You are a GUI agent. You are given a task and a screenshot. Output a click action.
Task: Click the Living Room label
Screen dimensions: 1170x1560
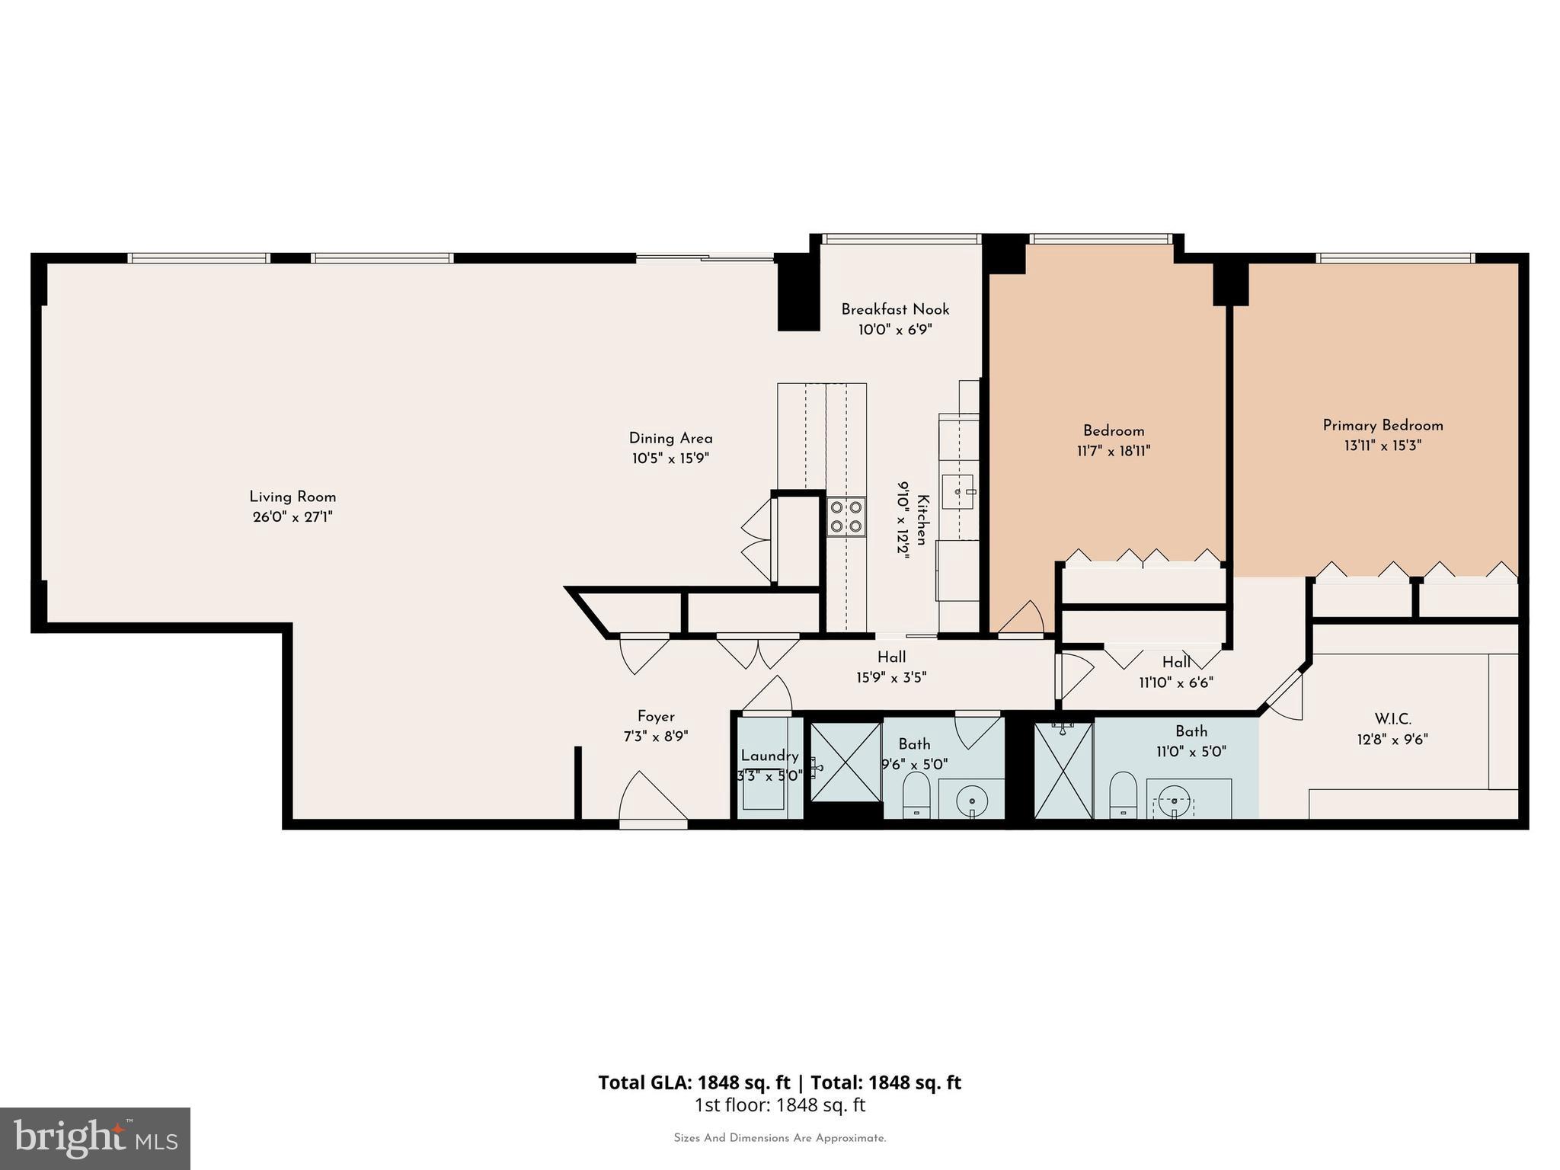coord(292,497)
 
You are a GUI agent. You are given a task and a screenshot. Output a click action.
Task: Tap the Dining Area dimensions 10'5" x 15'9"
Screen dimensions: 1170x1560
coord(670,459)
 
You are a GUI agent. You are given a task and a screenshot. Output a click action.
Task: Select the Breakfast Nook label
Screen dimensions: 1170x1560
coord(895,309)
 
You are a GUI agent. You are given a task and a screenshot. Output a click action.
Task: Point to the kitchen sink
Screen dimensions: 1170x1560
coord(957,492)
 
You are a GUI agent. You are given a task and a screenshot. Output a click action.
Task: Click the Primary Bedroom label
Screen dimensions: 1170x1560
coord(1383,425)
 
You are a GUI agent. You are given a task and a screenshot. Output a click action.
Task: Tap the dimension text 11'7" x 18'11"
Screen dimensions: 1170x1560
coord(1114,451)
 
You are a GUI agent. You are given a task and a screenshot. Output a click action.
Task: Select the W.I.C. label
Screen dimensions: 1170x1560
coord(1392,718)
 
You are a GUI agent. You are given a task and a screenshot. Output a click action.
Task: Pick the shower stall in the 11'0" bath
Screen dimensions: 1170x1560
coord(1063,771)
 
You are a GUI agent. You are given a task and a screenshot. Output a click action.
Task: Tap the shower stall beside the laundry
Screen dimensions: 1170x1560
coord(845,762)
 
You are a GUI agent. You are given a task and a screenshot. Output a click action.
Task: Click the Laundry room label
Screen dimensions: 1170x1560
coord(769,756)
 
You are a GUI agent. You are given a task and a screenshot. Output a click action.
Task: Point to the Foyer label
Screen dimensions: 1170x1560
coord(656,716)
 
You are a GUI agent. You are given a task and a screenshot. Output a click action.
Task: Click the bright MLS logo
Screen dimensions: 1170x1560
coord(95,1138)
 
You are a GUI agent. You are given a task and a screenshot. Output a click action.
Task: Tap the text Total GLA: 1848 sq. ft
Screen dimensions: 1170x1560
coord(694,1082)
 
